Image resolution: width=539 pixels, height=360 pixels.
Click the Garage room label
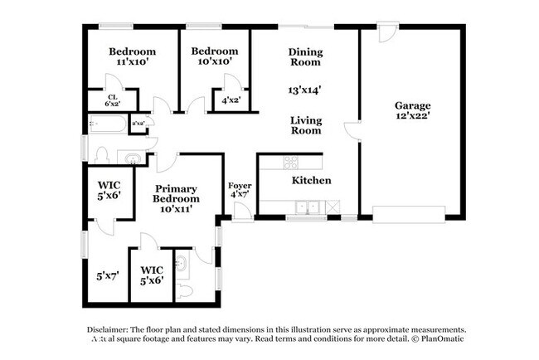[x=412, y=105]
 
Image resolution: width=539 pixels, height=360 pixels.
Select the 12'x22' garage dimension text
[x=412, y=117]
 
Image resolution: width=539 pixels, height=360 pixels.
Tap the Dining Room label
[x=305, y=56]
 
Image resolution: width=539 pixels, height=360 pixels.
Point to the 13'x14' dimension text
[x=305, y=90]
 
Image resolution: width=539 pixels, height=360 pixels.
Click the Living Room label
[x=305, y=125]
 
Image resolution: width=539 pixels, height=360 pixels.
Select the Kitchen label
[x=311, y=180]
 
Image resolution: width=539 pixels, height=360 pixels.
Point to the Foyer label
[x=240, y=185]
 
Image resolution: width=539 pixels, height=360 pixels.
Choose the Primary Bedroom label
[x=176, y=193]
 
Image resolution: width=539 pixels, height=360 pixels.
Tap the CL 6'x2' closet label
[x=112, y=101]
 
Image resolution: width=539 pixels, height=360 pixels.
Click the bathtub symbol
[x=109, y=125]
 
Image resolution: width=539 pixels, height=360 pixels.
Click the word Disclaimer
[x=108, y=328]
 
